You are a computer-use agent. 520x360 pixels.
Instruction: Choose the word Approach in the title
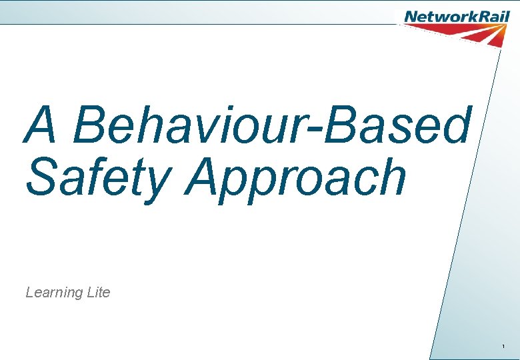pos(297,179)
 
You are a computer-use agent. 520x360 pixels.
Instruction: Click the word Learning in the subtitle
pos(54,293)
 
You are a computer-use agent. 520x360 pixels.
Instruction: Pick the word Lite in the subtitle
pos(99,292)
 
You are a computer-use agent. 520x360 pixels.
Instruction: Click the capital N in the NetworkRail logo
pos(411,16)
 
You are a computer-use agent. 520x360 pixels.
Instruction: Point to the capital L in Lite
pos(90,292)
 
